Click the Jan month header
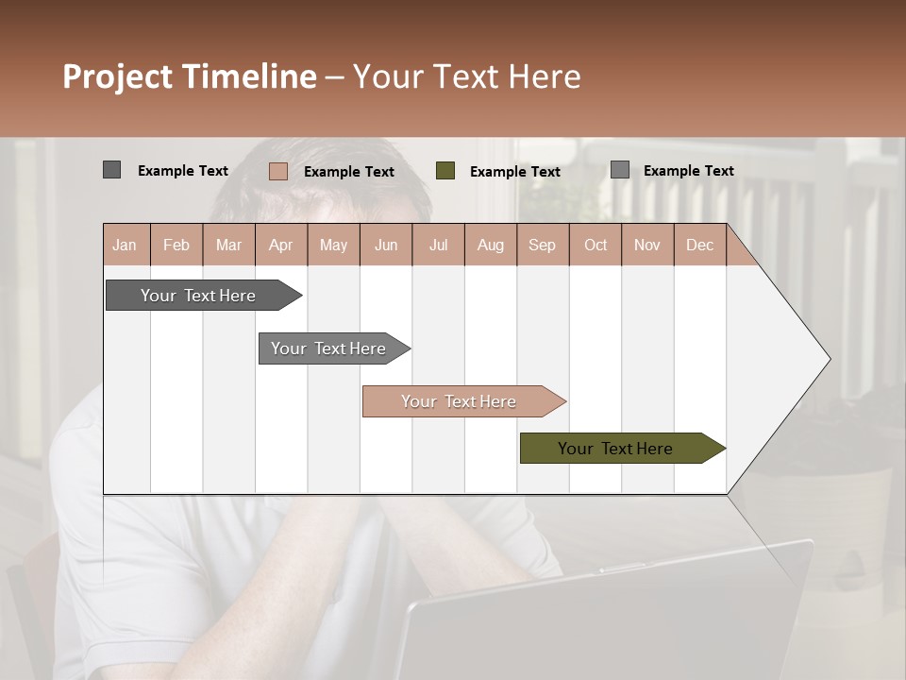[x=125, y=245]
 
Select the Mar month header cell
[x=228, y=245]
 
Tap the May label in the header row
[x=333, y=245]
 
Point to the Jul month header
[x=438, y=245]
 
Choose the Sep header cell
[x=542, y=245]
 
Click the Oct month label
[x=596, y=245]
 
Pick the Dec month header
[x=699, y=245]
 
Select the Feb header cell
[x=176, y=245]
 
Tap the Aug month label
[x=490, y=245]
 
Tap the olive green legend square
[x=445, y=171]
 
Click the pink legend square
[x=277, y=171]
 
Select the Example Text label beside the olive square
[x=514, y=172]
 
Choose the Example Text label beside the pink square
[x=348, y=172]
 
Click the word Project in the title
[x=118, y=76]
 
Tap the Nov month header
[x=646, y=245]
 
